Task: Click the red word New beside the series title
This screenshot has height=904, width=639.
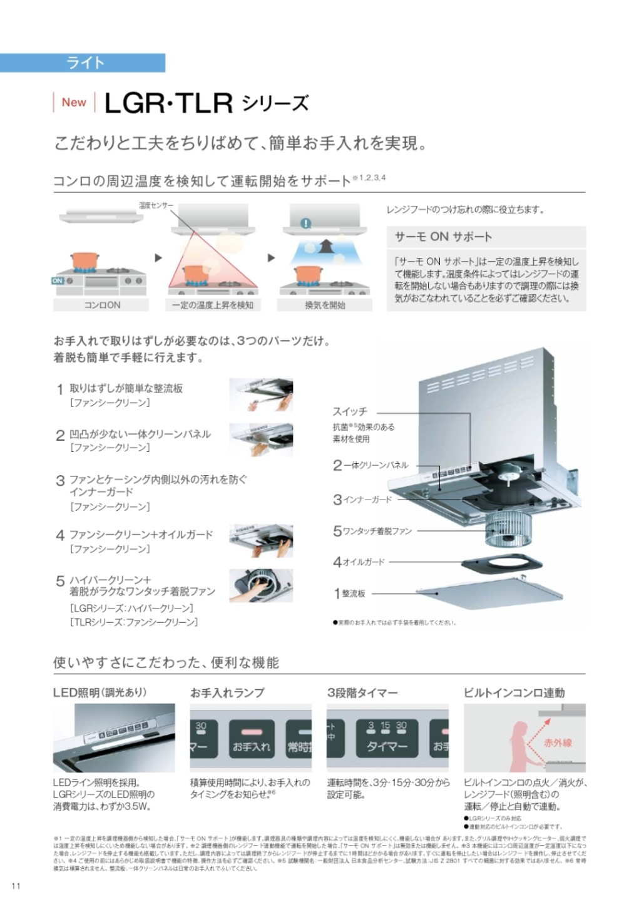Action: point(74,103)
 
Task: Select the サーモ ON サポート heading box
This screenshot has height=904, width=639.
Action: point(443,237)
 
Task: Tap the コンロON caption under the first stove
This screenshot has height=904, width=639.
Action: point(101,305)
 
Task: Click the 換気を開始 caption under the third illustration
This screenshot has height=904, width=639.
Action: point(325,305)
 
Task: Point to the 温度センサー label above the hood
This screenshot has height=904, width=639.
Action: point(156,205)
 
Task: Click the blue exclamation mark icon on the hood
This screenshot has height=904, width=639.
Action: point(305,223)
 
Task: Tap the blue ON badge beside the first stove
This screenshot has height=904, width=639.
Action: point(58,281)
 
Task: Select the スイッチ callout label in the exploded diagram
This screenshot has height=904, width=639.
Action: point(350,411)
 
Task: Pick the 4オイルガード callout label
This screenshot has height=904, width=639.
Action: point(359,562)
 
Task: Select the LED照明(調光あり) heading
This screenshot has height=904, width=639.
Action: point(100,692)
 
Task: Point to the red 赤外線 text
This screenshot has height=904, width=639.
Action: point(558,742)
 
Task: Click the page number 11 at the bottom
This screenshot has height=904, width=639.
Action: point(16,885)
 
